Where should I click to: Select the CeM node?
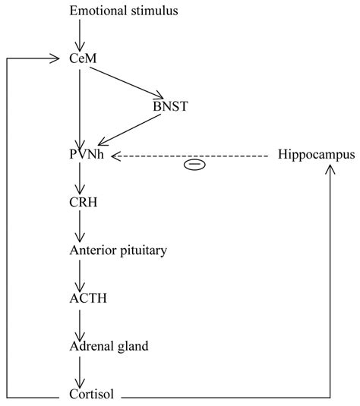[80, 58]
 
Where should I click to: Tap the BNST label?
[169, 106]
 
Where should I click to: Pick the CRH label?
[81, 203]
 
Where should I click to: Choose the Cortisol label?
[89, 395]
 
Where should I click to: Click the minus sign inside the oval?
[194, 165]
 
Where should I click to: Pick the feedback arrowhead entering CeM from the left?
[55, 58]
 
